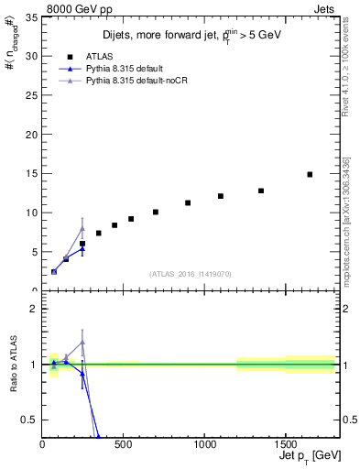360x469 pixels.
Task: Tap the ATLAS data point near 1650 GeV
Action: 310,174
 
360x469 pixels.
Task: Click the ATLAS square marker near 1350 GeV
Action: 261,191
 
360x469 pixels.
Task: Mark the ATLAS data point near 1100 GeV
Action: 221,196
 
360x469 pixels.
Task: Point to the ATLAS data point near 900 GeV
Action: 188,202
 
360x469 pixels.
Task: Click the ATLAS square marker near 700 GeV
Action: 156,212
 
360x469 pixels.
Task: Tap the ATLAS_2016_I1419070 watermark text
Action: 190,273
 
